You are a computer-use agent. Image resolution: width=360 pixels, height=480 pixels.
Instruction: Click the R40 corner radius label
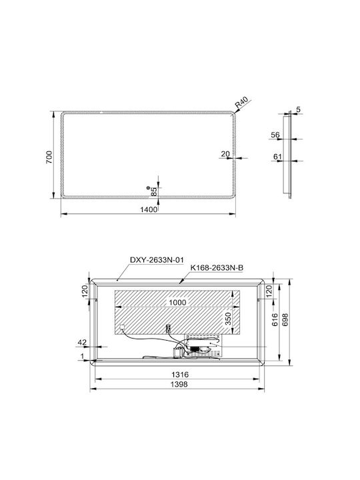pyautogui.click(x=243, y=103)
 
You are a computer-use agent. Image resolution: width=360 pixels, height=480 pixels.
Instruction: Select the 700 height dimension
pyautogui.click(x=49, y=157)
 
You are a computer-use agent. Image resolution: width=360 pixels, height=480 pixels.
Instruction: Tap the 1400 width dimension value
pyautogui.click(x=149, y=210)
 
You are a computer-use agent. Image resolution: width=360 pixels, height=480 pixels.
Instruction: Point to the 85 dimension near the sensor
pyautogui.click(x=154, y=191)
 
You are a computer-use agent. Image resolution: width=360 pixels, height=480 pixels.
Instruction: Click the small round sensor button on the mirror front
pyautogui.click(x=148, y=187)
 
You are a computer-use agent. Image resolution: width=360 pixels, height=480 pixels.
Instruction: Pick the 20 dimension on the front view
pyautogui.click(x=225, y=154)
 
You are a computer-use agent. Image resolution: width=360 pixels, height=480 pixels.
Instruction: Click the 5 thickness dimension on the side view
pyautogui.click(x=299, y=109)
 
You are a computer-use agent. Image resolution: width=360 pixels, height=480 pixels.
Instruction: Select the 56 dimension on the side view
pyautogui.click(x=275, y=135)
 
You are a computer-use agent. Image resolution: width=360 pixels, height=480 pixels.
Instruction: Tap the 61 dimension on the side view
pyautogui.click(x=277, y=157)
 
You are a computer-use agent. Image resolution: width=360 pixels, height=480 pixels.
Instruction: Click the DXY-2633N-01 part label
pyautogui.click(x=157, y=260)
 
